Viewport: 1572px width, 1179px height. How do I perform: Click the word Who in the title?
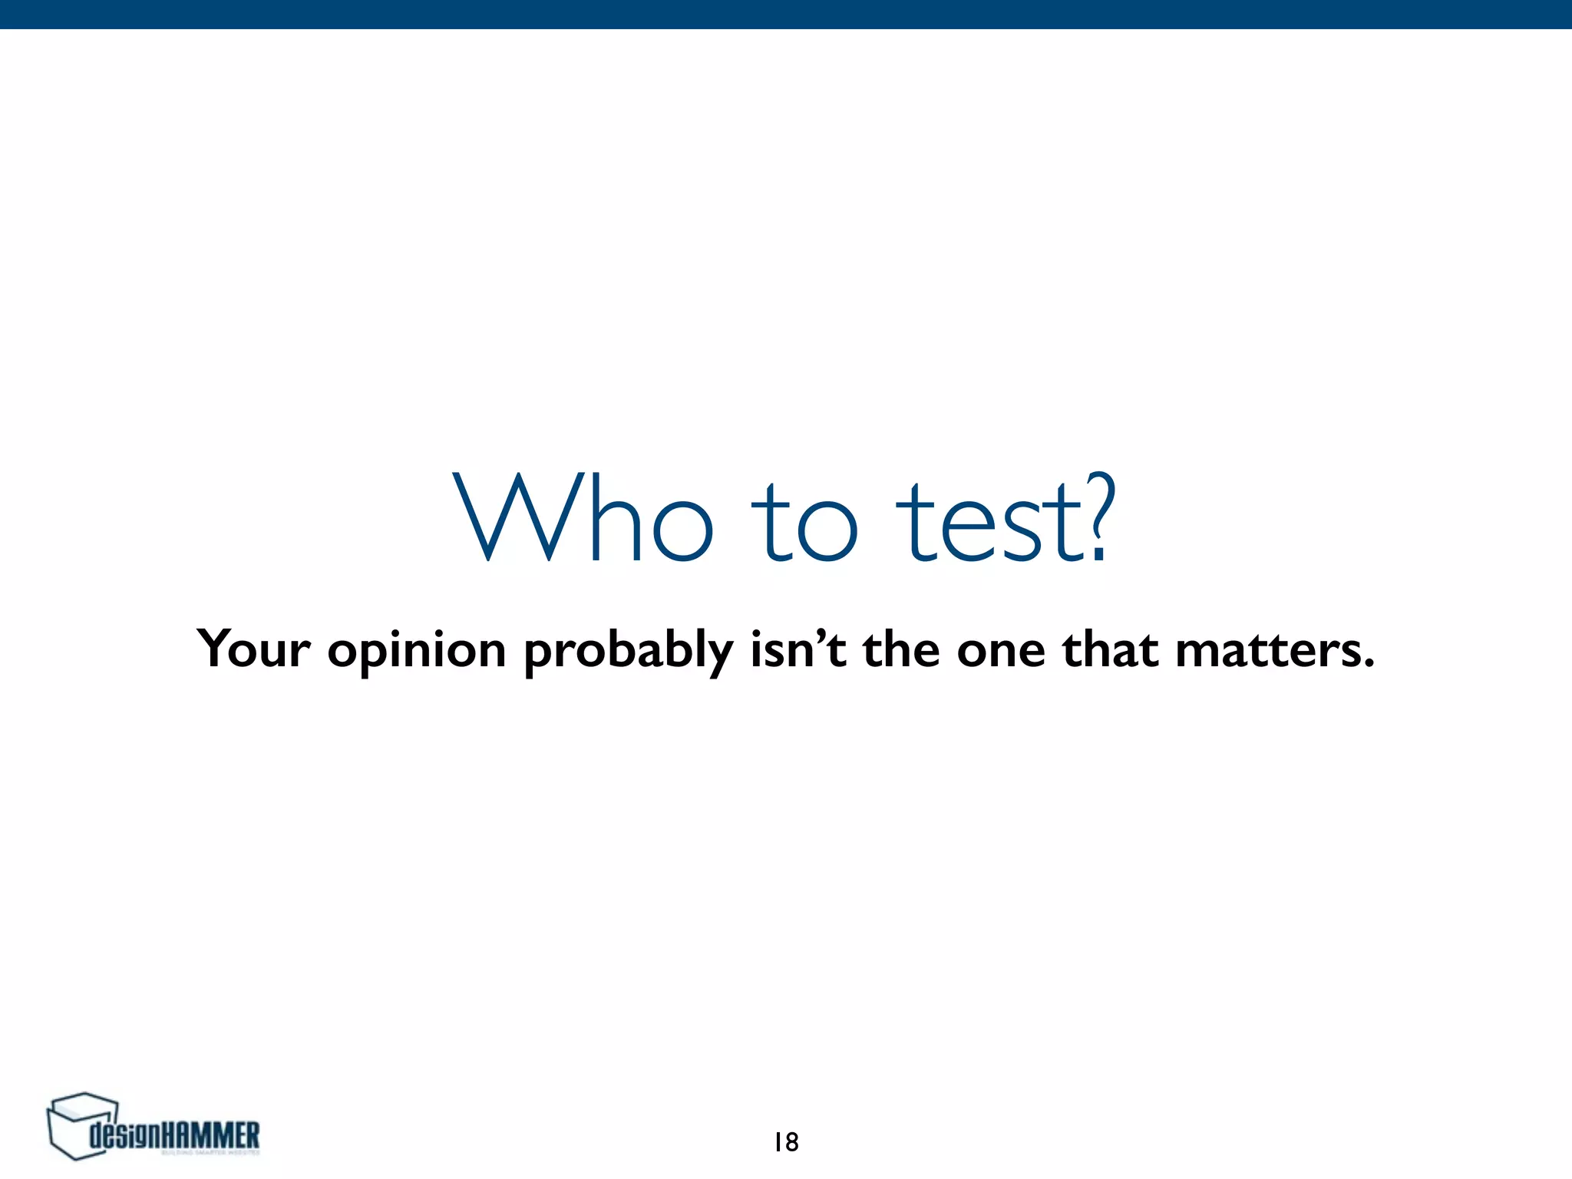[583, 518]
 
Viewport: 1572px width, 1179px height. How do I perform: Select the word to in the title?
[804, 522]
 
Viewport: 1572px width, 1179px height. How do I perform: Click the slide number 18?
[786, 1142]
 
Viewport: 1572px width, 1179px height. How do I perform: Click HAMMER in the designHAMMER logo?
[212, 1134]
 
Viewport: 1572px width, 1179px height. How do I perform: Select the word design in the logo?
[126, 1134]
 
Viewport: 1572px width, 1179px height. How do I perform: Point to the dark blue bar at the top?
[786, 14]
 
